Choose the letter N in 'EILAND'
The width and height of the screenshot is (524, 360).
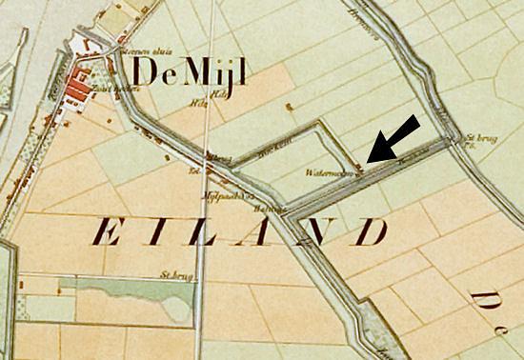[317, 233]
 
